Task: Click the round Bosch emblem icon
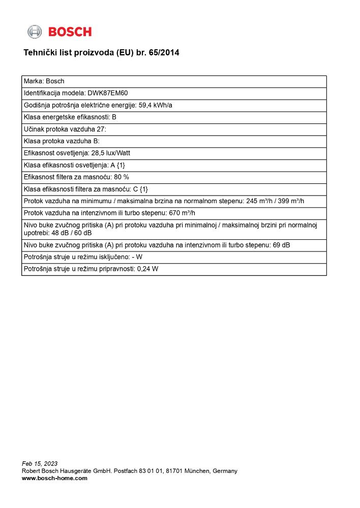click(35, 32)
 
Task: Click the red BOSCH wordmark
click(70, 32)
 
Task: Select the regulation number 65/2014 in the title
click(164, 53)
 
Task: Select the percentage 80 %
click(122, 177)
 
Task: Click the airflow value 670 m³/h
click(182, 213)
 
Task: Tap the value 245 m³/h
click(259, 201)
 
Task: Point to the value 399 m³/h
click(290, 201)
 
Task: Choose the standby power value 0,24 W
click(148, 269)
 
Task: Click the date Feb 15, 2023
click(40, 463)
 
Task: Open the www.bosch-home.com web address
click(54, 478)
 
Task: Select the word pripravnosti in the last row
click(117, 269)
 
